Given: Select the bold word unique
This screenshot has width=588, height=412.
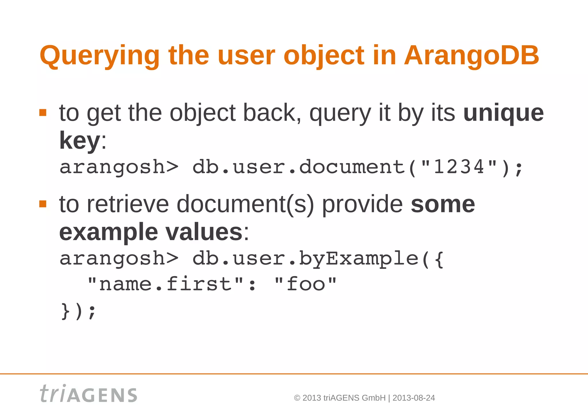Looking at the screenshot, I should (x=503, y=113).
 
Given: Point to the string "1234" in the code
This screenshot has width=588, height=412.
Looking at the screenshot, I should (x=459, y=167).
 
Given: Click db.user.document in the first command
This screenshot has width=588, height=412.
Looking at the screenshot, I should (x=299, y=167).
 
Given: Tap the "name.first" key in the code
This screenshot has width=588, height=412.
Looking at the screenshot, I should (x=165, y=284).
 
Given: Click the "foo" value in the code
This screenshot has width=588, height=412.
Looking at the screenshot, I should (x=305, y=284).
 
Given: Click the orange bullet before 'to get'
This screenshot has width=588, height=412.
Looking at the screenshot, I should (x=43, y=112).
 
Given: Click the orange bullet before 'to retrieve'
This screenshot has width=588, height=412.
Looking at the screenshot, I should (x=43, y=204).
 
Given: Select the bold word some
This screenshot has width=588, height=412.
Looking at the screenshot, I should (x=443, y=205).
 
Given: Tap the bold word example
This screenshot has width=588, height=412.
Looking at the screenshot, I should (x=109, y=232).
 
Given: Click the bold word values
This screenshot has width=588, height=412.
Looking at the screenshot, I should (x=204, y=232).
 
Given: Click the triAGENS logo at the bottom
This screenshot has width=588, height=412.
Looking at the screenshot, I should (x=88, y=394).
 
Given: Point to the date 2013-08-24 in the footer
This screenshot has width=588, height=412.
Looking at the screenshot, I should (x=413, y=398).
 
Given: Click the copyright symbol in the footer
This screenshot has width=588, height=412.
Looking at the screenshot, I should (x=297, y=398).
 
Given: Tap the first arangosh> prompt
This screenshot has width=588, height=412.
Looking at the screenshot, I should (x=119, y=167).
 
